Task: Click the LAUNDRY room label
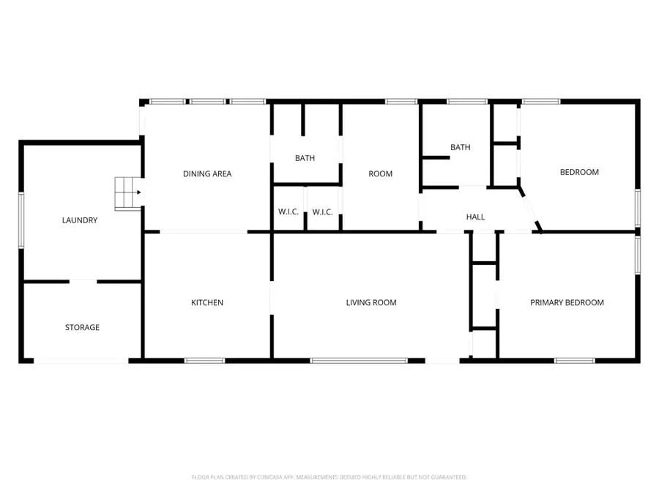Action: point(80,220)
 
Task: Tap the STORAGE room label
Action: point(82,327)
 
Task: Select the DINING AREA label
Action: point(207,173)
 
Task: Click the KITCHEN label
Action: point(207,302)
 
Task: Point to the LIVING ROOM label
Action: point(371,302)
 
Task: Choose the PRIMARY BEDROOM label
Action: point(567,302)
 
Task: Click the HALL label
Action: point(476,217)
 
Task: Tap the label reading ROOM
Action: point(380,173)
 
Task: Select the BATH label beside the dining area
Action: point(305,158)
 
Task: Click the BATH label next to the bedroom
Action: point(460,147)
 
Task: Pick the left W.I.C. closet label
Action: point(288,212)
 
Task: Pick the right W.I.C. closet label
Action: point(323,212)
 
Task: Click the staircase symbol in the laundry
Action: point(127,193)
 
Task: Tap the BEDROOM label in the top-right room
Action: point(579,172)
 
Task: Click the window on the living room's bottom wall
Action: point(359,360)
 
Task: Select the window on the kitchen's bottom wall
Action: point(204,360)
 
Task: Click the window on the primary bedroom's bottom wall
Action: point(575,360)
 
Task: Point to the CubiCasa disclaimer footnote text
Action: point(329,477)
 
